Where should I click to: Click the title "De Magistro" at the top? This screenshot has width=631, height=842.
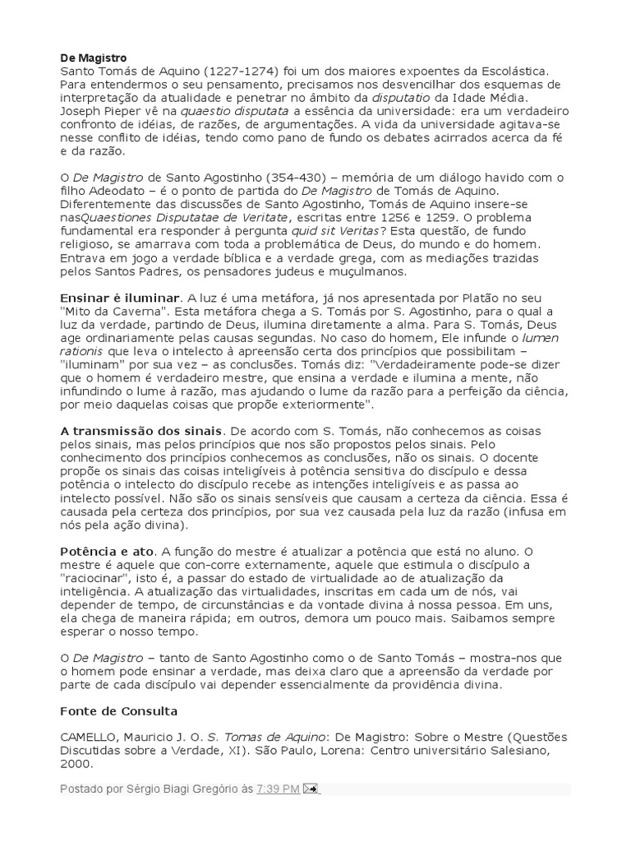point(94,58)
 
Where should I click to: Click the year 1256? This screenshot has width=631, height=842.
point(389,217)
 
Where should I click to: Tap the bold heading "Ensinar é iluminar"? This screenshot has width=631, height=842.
point(119,297)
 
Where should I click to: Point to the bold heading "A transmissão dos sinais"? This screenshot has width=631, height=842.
point(140,430)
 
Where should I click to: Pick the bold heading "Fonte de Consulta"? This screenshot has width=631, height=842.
point(119,710)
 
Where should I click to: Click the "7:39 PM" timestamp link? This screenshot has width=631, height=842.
point(278,789)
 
